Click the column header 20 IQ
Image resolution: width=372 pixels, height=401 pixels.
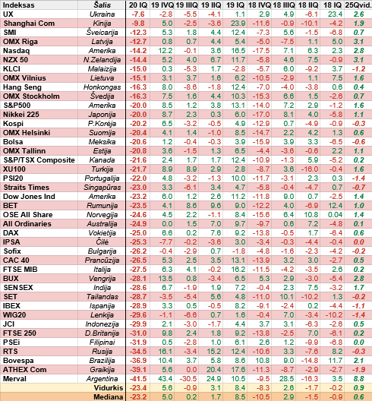click(138, 5)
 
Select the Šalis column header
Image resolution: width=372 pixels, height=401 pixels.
click(102, 5)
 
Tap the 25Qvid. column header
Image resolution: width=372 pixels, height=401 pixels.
click(358, 5)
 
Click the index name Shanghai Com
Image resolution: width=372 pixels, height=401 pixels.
click(29, 24)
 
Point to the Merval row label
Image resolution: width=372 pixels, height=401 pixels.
click(14, 379)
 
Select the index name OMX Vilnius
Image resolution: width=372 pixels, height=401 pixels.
click(24, 78)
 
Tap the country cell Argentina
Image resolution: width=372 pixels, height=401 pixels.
click(102, 379)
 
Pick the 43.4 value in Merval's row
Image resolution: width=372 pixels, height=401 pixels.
click(166, 379)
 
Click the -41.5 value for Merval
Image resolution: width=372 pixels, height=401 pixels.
click(138, 379)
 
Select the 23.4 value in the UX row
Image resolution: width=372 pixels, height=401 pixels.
click(335, 14)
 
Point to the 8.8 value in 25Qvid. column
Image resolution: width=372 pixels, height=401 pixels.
click(358, 379)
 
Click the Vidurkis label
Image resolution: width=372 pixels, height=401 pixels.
click(109, 388)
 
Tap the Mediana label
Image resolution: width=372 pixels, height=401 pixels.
click(109, 397)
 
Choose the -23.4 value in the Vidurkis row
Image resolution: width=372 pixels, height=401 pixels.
click(138, 388)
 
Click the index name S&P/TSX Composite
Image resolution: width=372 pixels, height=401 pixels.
click(39, 160)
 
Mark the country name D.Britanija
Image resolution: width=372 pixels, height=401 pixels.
click(102, 333)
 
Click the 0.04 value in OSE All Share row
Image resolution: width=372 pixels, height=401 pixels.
click(335, 215)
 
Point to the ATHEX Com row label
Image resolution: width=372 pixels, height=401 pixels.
click(25, 370)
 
